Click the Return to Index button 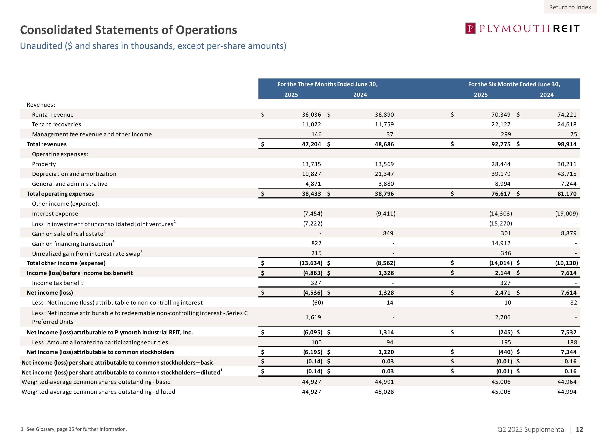[570, 7]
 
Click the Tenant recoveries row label [56, 125]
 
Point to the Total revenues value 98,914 [567, 144]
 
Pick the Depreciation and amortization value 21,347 [384, 174]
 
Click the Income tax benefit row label [58, 283]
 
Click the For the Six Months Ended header [514, 84]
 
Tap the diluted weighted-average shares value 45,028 [384, 392]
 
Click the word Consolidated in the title [56, 30]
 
